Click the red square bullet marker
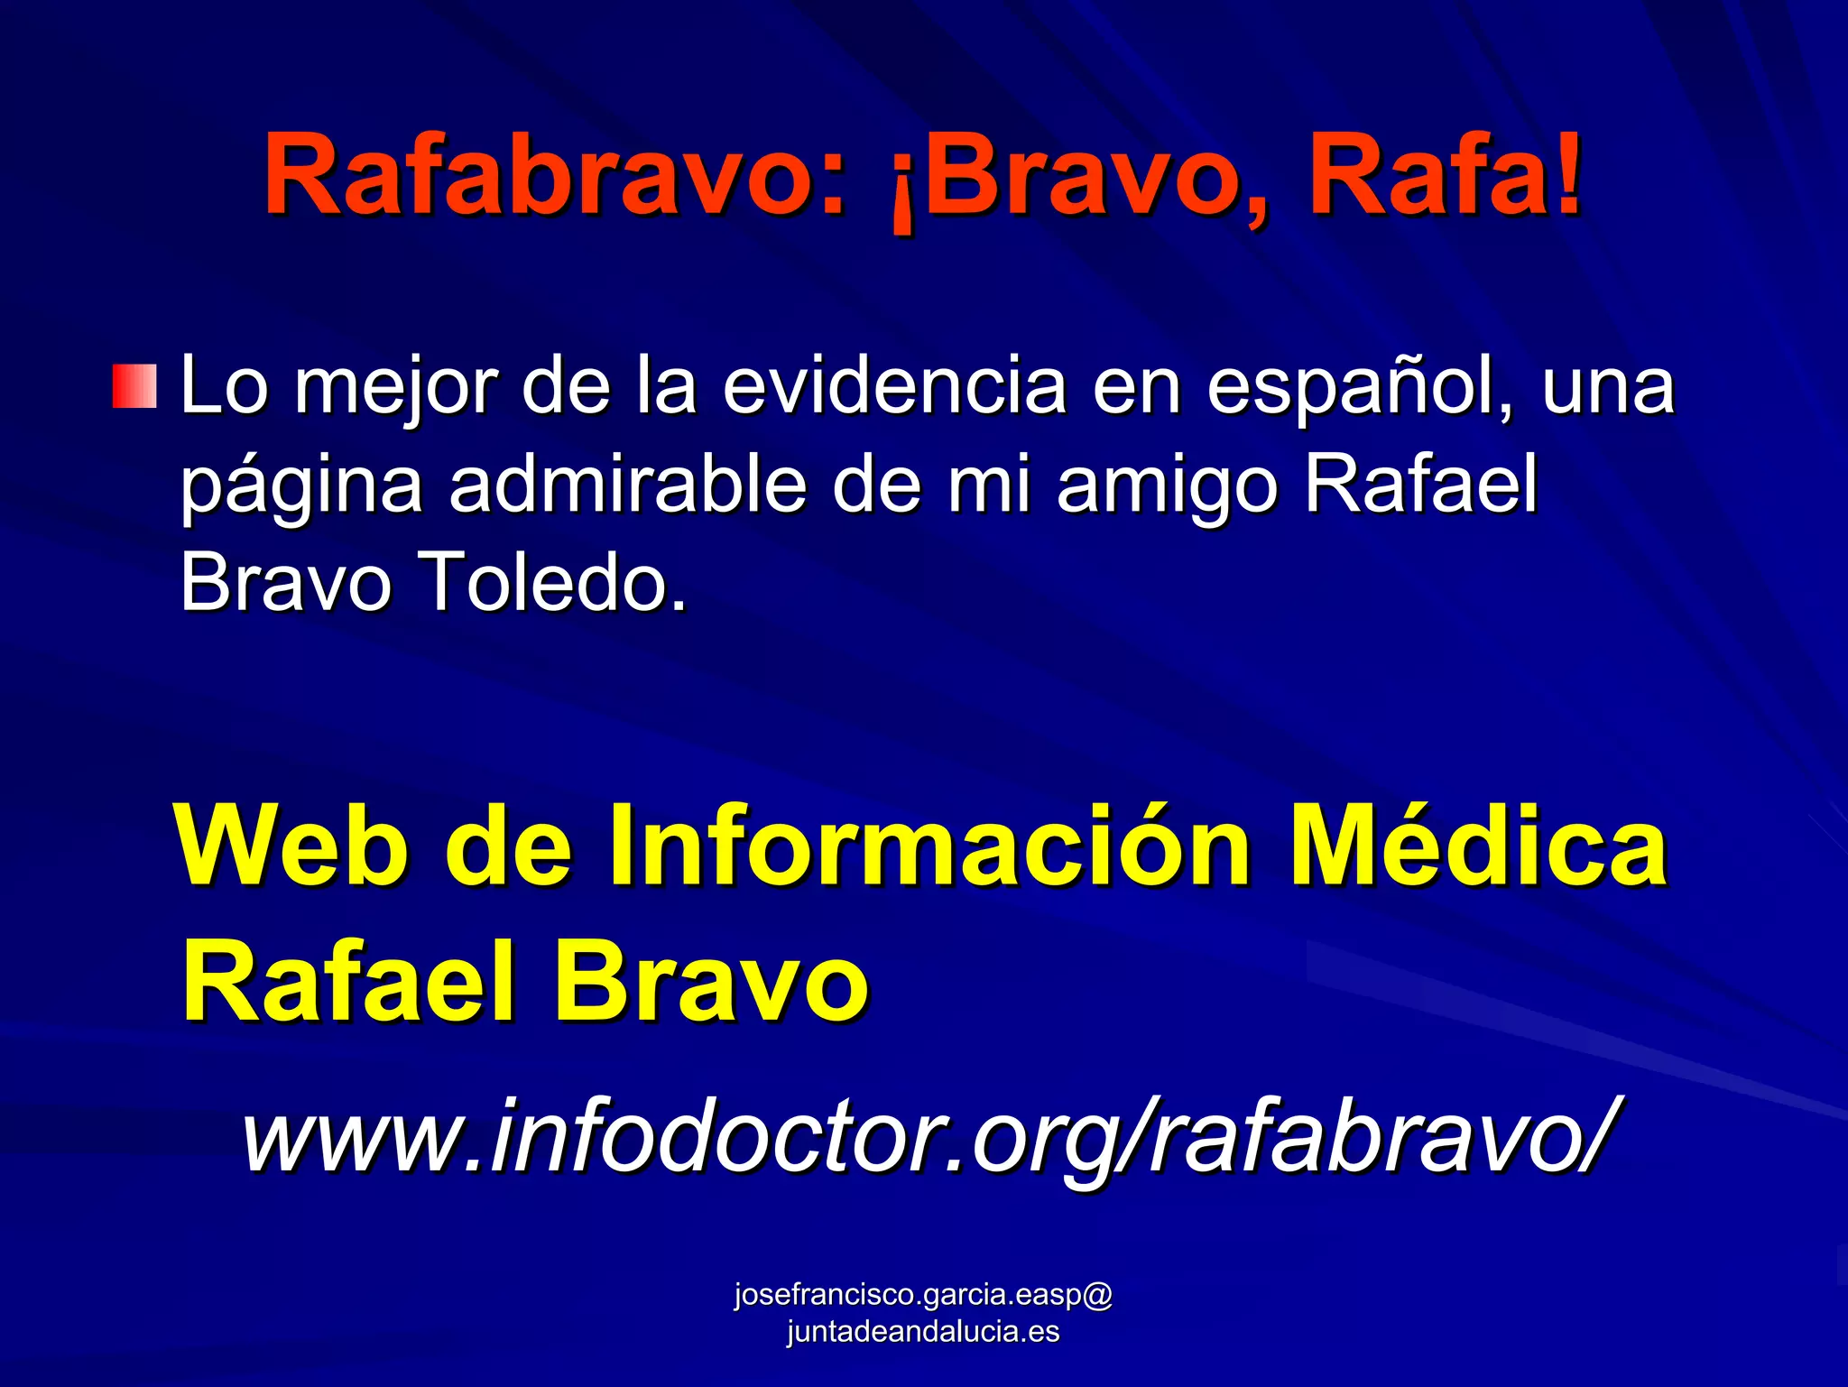(x=134, y=386)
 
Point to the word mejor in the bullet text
(x=396, y=388)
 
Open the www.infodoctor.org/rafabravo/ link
(x=930, y=1135)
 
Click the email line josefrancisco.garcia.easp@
(x=923, y=1294)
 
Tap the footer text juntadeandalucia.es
(x=923, y=1331)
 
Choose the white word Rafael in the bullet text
(x=1420, y=484)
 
